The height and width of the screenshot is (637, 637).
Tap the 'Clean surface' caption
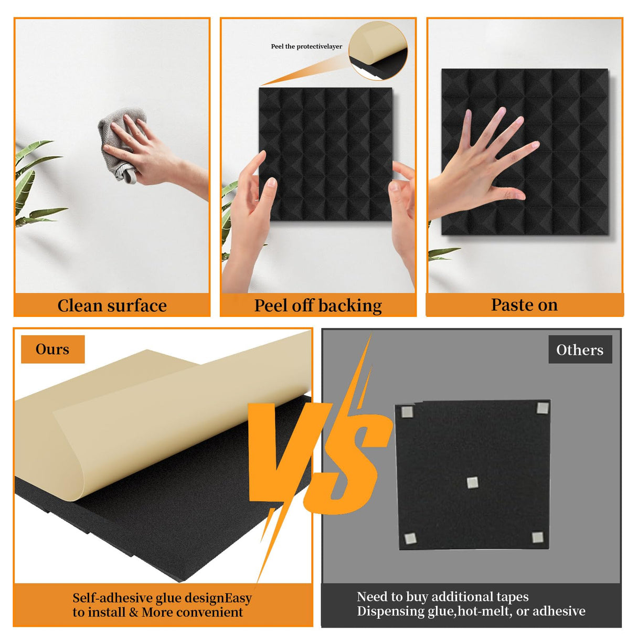pyautogui.click(x=112, y=305)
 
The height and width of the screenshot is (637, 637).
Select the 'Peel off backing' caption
pyautogui.click(x=318, y=305)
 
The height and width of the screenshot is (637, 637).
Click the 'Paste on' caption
pyautogui.click(x=524, y=305)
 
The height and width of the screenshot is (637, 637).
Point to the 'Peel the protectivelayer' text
pyautogui.click(x=306, y=47)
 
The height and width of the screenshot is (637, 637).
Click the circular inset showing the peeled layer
pyautogui.click(x=378, y=51)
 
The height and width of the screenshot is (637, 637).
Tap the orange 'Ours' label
pyautogui.click(x=52, y=349)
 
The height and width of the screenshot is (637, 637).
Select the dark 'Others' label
pyautogui.click(x=580, y=350)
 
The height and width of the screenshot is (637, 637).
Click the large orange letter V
pyautogui.click(x=281, y=451)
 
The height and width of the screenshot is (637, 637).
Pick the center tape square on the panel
pyautogui.click(x=472, y=482)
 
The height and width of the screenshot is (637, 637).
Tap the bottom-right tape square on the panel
pyautogui.click(x=537, y=537)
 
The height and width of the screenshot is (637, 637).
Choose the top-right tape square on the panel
pyautogui.click(x=542, y=408)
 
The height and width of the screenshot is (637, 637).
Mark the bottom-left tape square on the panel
pyautogui.click(x=409, y=538)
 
